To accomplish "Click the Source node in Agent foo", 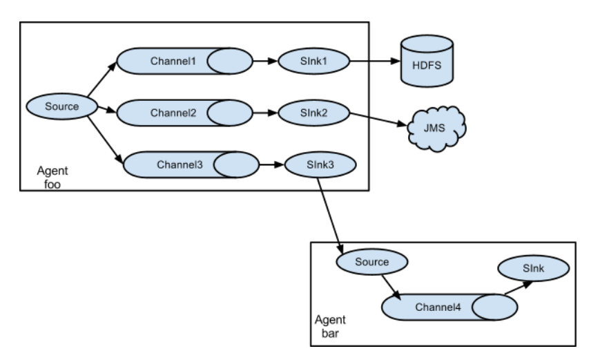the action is point(62,106).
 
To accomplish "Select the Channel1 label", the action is point(173,61).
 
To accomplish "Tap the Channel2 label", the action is point(173,113).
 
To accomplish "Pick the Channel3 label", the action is point(180,165).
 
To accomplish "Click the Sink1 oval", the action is point(313,61).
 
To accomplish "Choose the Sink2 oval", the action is point(313,113).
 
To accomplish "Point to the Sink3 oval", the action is point(320,165).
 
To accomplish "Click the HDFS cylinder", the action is point(427,61).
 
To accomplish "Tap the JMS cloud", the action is point(436,129).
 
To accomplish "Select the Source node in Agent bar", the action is point(371,261).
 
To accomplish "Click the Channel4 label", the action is point(438,307).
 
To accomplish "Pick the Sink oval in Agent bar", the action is point(533,268).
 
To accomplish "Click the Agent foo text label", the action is point(52,178).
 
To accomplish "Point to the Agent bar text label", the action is point(330,326).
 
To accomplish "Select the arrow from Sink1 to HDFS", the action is point(375,61).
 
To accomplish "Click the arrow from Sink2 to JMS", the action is point(378,120).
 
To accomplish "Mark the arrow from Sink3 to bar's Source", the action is point(330,216).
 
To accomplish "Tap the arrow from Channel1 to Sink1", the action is point(265,61).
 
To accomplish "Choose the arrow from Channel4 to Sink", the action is point(519,287).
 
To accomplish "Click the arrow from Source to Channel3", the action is point(106,140).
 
